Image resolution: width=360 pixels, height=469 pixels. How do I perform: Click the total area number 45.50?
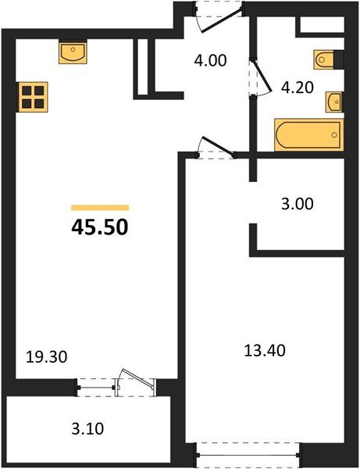[x=100, y=227]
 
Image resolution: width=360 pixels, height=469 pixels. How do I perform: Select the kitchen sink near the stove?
[x=73, y=53]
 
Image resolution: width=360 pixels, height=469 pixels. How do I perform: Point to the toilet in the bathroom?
[x=325, y=59]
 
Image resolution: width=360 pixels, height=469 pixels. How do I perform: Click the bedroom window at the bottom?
[x=248, y=451]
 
